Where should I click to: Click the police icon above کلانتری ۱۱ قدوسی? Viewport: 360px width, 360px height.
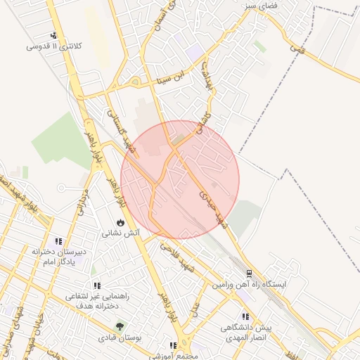(x=53, y=36)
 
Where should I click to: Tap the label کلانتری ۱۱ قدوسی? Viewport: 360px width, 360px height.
(x=54, y=46)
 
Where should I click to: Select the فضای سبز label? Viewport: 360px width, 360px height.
(x=260, y=5)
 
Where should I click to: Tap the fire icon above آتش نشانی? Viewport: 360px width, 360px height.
(x=121, y=222)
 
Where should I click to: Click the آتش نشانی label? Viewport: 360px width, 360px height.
(x=121, y=232)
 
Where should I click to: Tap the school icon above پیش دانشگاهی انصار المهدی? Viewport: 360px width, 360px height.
(x=245, y=317)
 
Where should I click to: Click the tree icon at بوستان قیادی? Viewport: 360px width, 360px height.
(x=120, y=326)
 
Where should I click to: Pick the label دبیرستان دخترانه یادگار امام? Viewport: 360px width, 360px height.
(x=58, y=256)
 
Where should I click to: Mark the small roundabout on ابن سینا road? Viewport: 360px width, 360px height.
(x=134, y=81)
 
